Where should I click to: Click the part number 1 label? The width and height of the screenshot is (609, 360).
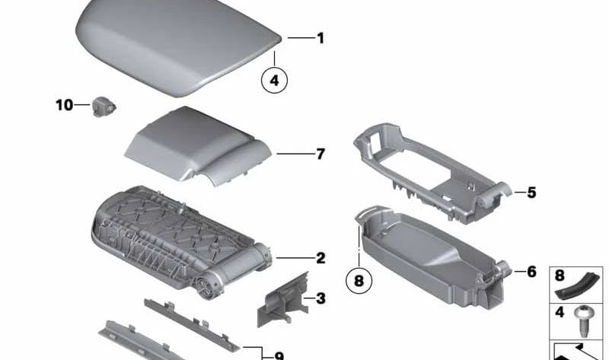(320, 38)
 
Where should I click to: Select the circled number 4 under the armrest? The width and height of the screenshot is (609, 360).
(274, 78)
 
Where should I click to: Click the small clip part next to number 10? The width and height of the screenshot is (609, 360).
(102, 105)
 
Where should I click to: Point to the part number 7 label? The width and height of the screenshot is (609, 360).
(320, 155)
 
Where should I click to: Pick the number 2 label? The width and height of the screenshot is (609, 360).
(320, 258)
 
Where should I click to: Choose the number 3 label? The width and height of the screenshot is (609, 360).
(320, 298)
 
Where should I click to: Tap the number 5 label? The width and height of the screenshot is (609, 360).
(531, 193)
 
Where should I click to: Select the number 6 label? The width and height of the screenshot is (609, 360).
(531, 272)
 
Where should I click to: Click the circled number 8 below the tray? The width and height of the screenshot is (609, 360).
(359, 279)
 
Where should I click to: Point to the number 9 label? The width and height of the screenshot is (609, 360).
(279, 355)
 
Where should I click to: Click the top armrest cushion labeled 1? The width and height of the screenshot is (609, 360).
(175, 46)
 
